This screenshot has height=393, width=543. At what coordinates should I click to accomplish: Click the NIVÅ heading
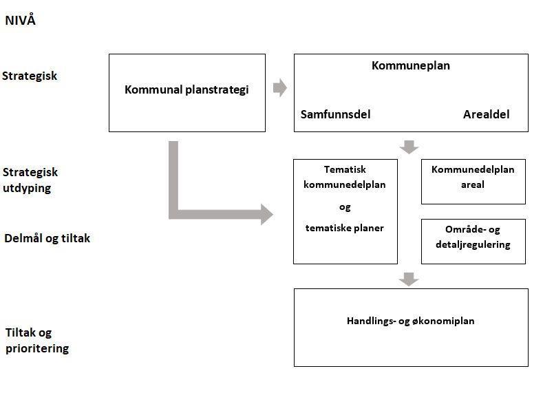[x=20, y=21]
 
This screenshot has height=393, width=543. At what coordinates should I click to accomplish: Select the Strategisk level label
[x=30, y=76]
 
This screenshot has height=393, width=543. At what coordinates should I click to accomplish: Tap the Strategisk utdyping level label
[x=30, y=180]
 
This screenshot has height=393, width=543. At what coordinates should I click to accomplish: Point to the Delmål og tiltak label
[x=47, y=238]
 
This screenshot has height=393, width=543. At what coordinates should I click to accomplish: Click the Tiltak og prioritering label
[x=37, y=341]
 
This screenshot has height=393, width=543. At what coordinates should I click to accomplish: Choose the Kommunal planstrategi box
[x=187, y=92]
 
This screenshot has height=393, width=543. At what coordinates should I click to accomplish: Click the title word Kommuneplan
[x=410, y=66]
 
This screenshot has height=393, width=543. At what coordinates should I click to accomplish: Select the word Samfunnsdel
[x=335, y=114]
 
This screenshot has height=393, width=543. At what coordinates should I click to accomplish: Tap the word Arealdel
[x=486, y=114]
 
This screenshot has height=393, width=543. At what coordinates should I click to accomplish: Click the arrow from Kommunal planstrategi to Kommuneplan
[x=279, y=88]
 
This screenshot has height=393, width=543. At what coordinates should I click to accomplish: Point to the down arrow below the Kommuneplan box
[x=409, y=147]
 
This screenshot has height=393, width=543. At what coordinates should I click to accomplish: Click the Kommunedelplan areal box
[x=473, y=182]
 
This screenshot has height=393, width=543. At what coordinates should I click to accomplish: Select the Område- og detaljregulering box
[x=473, y=241]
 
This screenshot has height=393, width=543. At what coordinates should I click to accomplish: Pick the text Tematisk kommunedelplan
[x=345, y=177]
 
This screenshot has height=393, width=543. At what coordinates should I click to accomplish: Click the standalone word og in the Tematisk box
[x=345, y=206]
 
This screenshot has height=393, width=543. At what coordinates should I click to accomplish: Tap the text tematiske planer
[x=345, y=228]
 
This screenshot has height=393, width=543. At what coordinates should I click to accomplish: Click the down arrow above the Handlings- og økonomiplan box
[x=409, y=279]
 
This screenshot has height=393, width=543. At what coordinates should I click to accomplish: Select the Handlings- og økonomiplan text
[x=410, y=321]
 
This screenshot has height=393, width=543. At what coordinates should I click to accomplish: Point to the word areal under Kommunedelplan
[x=473, y=184]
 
